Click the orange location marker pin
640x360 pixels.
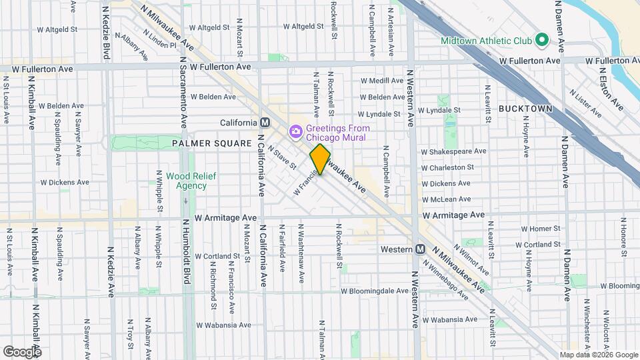(320, 159)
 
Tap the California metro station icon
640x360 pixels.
(265, 123)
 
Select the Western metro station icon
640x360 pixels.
(421, 249)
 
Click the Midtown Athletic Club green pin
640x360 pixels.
(542, 41)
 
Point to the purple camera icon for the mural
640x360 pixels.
(295, 131)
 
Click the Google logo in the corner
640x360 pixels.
(22, 351)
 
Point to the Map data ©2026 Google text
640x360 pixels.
(598, 355)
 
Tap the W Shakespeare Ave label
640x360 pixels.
(453, 151)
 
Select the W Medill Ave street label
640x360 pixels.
(381, 81)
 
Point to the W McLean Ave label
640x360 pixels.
(446, 199)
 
